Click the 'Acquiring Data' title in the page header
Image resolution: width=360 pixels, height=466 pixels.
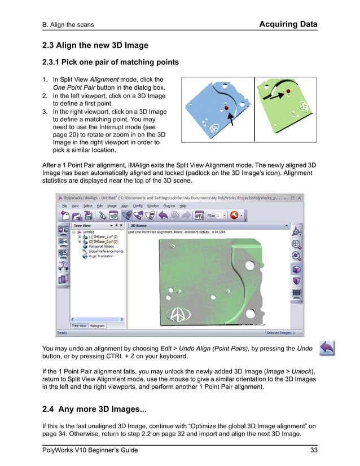pos(288,24)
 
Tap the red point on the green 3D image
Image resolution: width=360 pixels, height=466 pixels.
pos(288,90)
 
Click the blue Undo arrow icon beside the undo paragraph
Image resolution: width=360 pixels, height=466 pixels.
pos(326,348)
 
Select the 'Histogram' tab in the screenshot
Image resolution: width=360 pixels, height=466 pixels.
pos(98,326)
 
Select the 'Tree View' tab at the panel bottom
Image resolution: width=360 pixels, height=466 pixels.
pos(78,326)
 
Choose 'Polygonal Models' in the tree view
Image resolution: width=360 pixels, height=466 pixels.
pos(101,247)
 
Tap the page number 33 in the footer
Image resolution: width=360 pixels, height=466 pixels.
pos(314,450)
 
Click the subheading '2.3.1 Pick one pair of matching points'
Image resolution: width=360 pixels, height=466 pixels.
pos(112,62)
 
